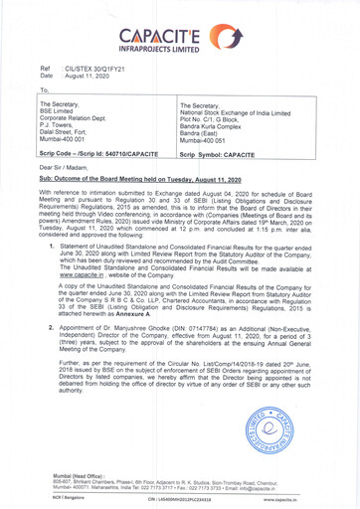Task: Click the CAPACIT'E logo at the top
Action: pos(179,21)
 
